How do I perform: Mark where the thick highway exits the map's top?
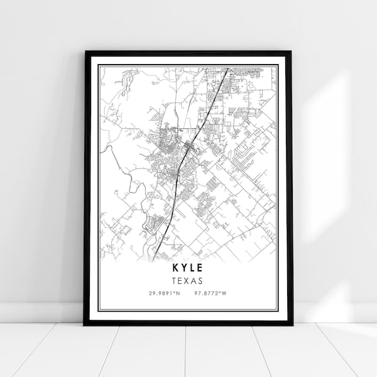pyautogui.click(x=226, y=68)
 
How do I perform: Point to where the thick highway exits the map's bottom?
pyautogui.click(x=153, y=260)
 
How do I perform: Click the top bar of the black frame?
pyautogui.click(x=188, y=53)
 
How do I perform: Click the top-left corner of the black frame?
pyautogui.click(x=87, y=53)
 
